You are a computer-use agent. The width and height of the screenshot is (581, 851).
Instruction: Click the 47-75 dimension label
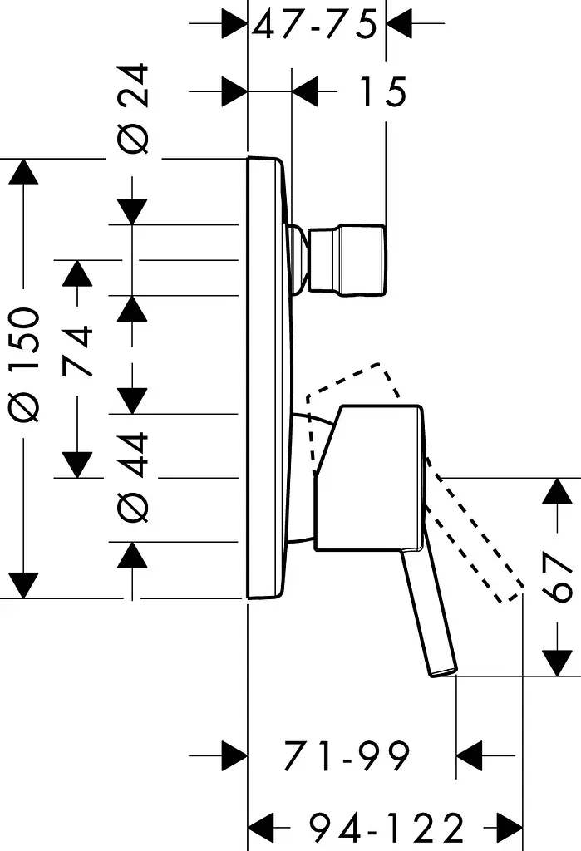(314, 25)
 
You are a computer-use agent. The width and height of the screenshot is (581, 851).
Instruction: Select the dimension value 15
(383, 91)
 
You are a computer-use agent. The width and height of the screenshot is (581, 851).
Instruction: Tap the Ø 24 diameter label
(133, 109)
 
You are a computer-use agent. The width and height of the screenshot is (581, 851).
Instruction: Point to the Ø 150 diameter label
(25, 365)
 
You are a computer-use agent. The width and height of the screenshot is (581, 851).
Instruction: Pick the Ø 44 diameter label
(133, 478)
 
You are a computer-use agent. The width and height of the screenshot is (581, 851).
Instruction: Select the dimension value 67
(559, 577)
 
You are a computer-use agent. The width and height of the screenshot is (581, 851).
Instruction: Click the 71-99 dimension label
(347, 755)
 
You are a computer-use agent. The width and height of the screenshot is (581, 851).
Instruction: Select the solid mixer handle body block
(369, 478)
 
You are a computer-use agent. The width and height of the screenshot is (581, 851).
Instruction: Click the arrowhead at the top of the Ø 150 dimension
(23, 173)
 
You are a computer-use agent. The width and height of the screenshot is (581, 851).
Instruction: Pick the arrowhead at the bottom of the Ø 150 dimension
(23, 585)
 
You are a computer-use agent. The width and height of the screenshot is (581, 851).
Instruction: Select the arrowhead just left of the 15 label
(305, 91)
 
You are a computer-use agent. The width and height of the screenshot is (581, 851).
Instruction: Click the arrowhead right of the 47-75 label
(399, 23)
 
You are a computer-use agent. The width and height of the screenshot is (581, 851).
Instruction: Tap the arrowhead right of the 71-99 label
(470, 755)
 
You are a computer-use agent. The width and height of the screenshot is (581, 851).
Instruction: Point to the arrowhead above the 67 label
(559, 492)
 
